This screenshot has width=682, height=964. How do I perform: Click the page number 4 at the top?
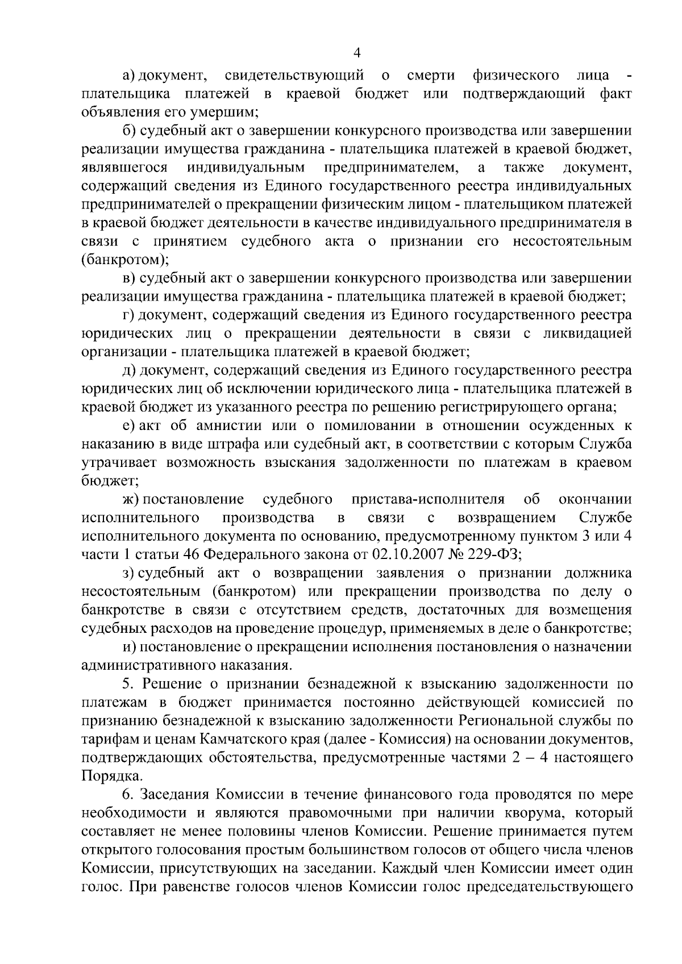click(357, 53)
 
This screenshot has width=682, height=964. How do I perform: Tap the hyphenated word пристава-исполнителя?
click(428, 499)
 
